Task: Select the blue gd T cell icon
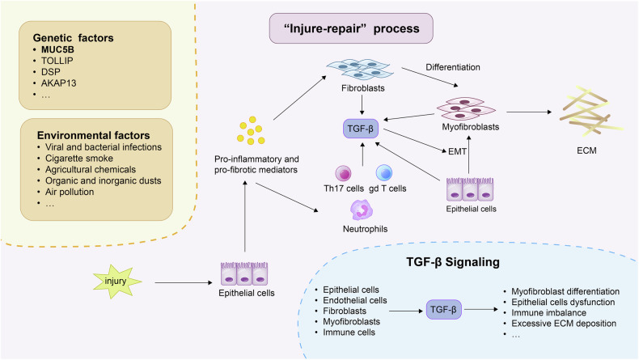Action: pyautogui.click(x=384, y=172)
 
